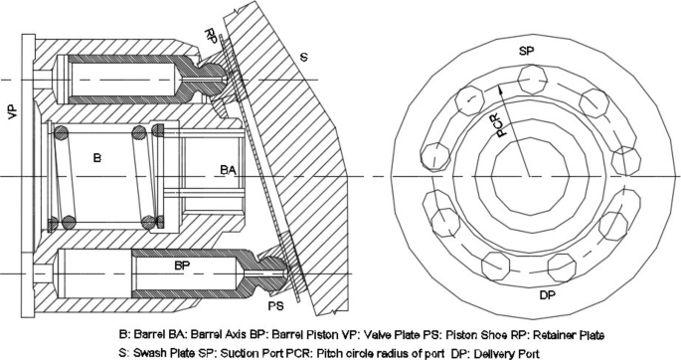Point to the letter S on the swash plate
(x=304, y=57)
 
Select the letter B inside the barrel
(x=97, y=158)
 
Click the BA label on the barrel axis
(x=229, y=170)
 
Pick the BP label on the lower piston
(x=183, y=266)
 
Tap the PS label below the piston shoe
(x=275, y=306)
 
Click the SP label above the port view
(x=527, y=51)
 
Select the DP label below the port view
(x=547, y=295)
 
